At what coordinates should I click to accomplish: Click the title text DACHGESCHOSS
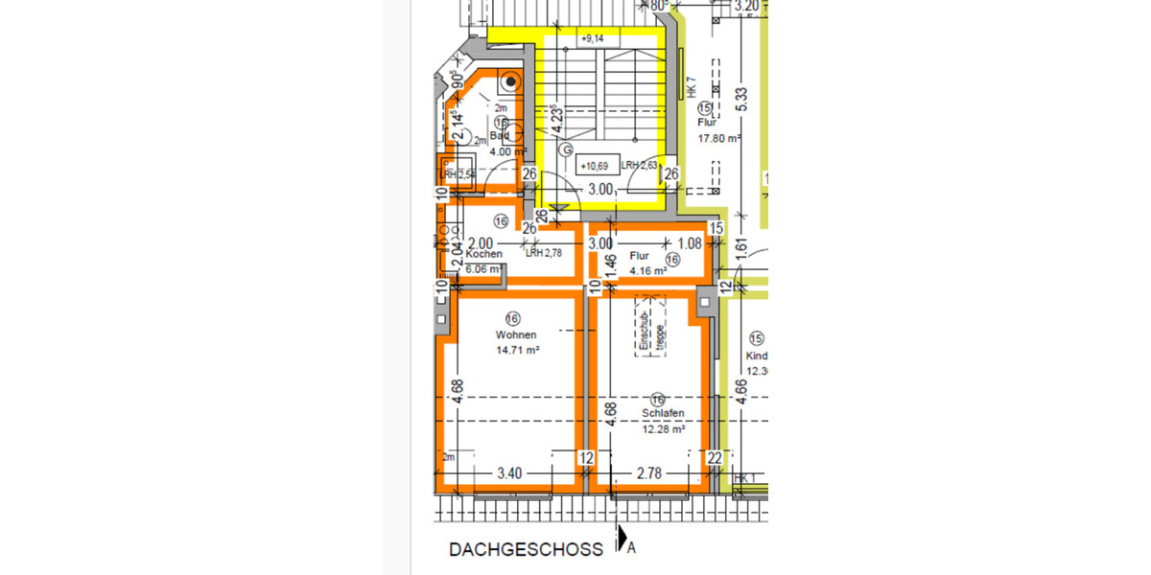pos(526,550)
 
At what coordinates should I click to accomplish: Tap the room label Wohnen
pos(515,335)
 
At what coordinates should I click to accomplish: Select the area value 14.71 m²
pos(517,351)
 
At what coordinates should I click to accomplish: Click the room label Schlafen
pos(663,414)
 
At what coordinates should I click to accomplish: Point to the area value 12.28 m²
pos(663,429)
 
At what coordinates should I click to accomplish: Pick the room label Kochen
pos(483,254)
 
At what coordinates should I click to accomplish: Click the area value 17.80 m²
pos(718,137)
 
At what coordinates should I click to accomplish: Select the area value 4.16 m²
pos(648,271)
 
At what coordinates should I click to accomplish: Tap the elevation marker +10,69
pos(598,166)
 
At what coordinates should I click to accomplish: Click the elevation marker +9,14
pos(592,39)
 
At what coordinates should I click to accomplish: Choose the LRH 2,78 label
pos(543,253)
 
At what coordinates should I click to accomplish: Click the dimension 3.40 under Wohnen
pos(509,472)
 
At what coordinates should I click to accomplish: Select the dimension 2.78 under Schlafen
pos(649,472)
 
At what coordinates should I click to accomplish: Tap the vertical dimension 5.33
pos(740,97)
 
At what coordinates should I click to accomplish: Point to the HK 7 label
pos(690,88)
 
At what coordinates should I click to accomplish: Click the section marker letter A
pos(631,549)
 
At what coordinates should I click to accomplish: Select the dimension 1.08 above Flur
pos(690,243)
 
